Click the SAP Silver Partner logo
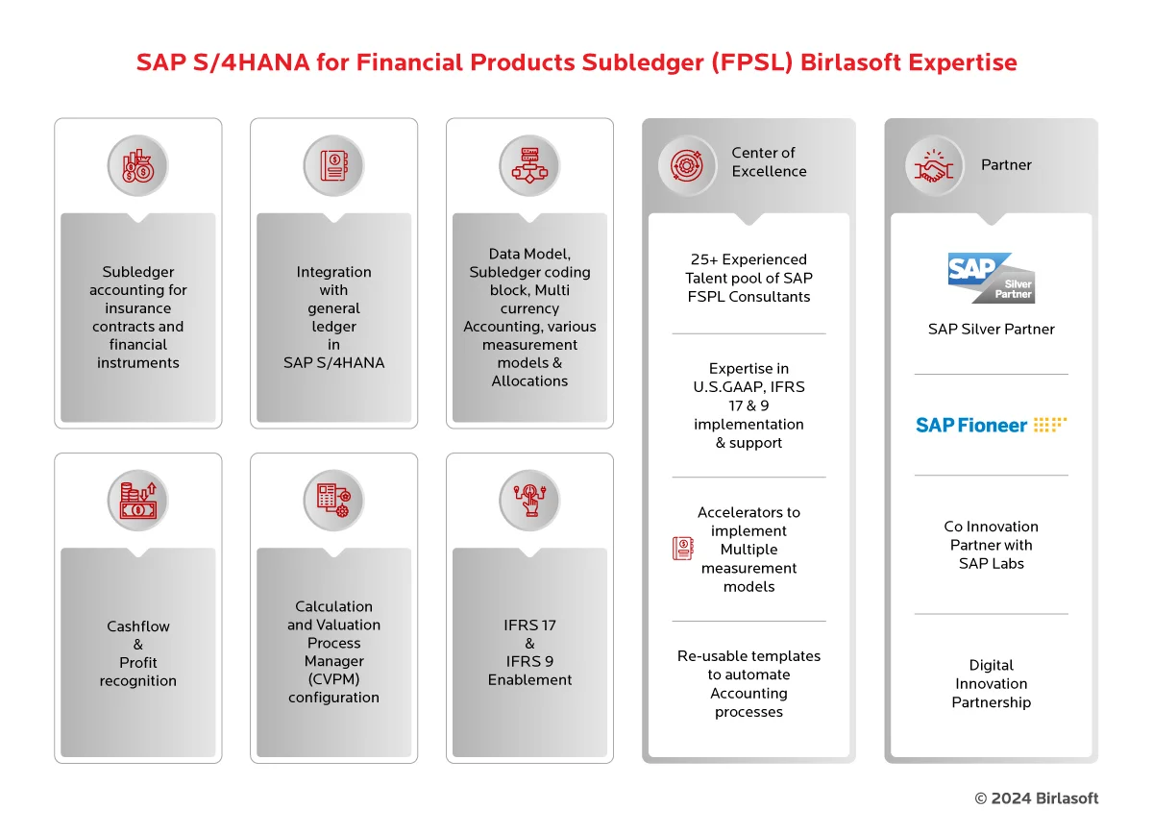tap(991, 278)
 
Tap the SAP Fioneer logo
tap(991, 425)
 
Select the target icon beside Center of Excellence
tap(687, 165)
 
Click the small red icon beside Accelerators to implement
tap(683, 549)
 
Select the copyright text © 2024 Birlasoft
tap(1036, 798)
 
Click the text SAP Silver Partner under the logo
tap(991, 329)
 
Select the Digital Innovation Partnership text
tap(991, 683)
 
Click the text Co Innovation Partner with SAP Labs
tap(991, 545)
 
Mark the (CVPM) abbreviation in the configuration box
tap(333, 679)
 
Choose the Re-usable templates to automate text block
tap(748, 683)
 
